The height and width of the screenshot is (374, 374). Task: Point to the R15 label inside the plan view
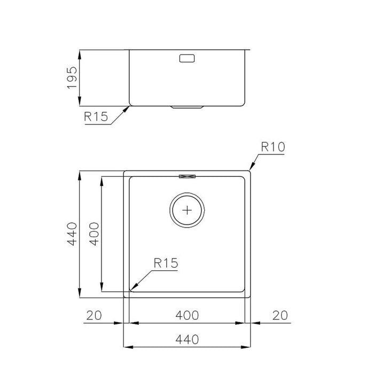(165, 262)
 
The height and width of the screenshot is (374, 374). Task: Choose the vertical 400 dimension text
(93, 234)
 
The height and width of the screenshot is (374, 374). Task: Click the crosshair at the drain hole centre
(187, 209)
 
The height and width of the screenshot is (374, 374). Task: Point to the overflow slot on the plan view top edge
(187, 175)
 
